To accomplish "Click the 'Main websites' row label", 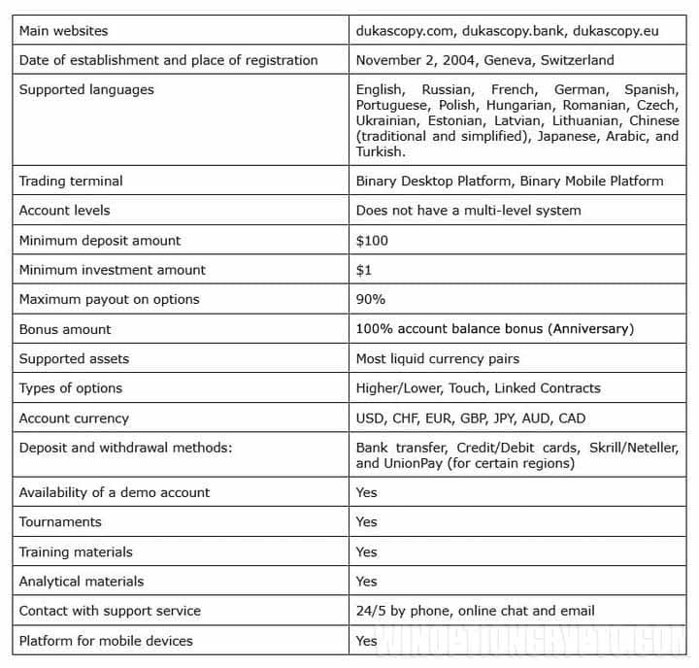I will [x=63, y=30].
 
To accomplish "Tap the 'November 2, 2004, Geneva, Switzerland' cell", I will [x=484, y=60].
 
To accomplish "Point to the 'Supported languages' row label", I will [x=86, y=89].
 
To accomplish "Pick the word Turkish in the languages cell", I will [x=379, y=151].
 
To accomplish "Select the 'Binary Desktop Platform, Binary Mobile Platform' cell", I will [x=510, y=181].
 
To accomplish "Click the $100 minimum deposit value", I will [x=373, y=240].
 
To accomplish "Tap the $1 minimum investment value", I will [x=364, y=270].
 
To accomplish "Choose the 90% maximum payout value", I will [x=371, y=299].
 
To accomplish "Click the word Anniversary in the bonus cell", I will [x=590, y=329].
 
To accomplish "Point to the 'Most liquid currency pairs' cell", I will [x=437, y=358].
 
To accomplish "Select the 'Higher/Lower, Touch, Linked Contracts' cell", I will [x=478, y=388].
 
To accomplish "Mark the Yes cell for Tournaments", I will [x=366, y=522].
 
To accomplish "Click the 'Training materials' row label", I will [x=76, y=551].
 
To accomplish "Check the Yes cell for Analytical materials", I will [x=366, y=582].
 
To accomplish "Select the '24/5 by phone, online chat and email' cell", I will [x=475, y=611].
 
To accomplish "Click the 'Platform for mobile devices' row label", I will [x=106, y=641].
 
